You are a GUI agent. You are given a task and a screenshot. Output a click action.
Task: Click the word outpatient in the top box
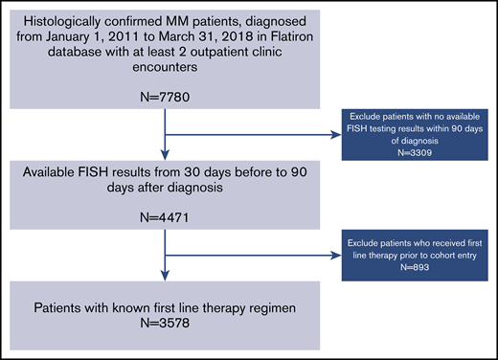(x=214, y=66)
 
